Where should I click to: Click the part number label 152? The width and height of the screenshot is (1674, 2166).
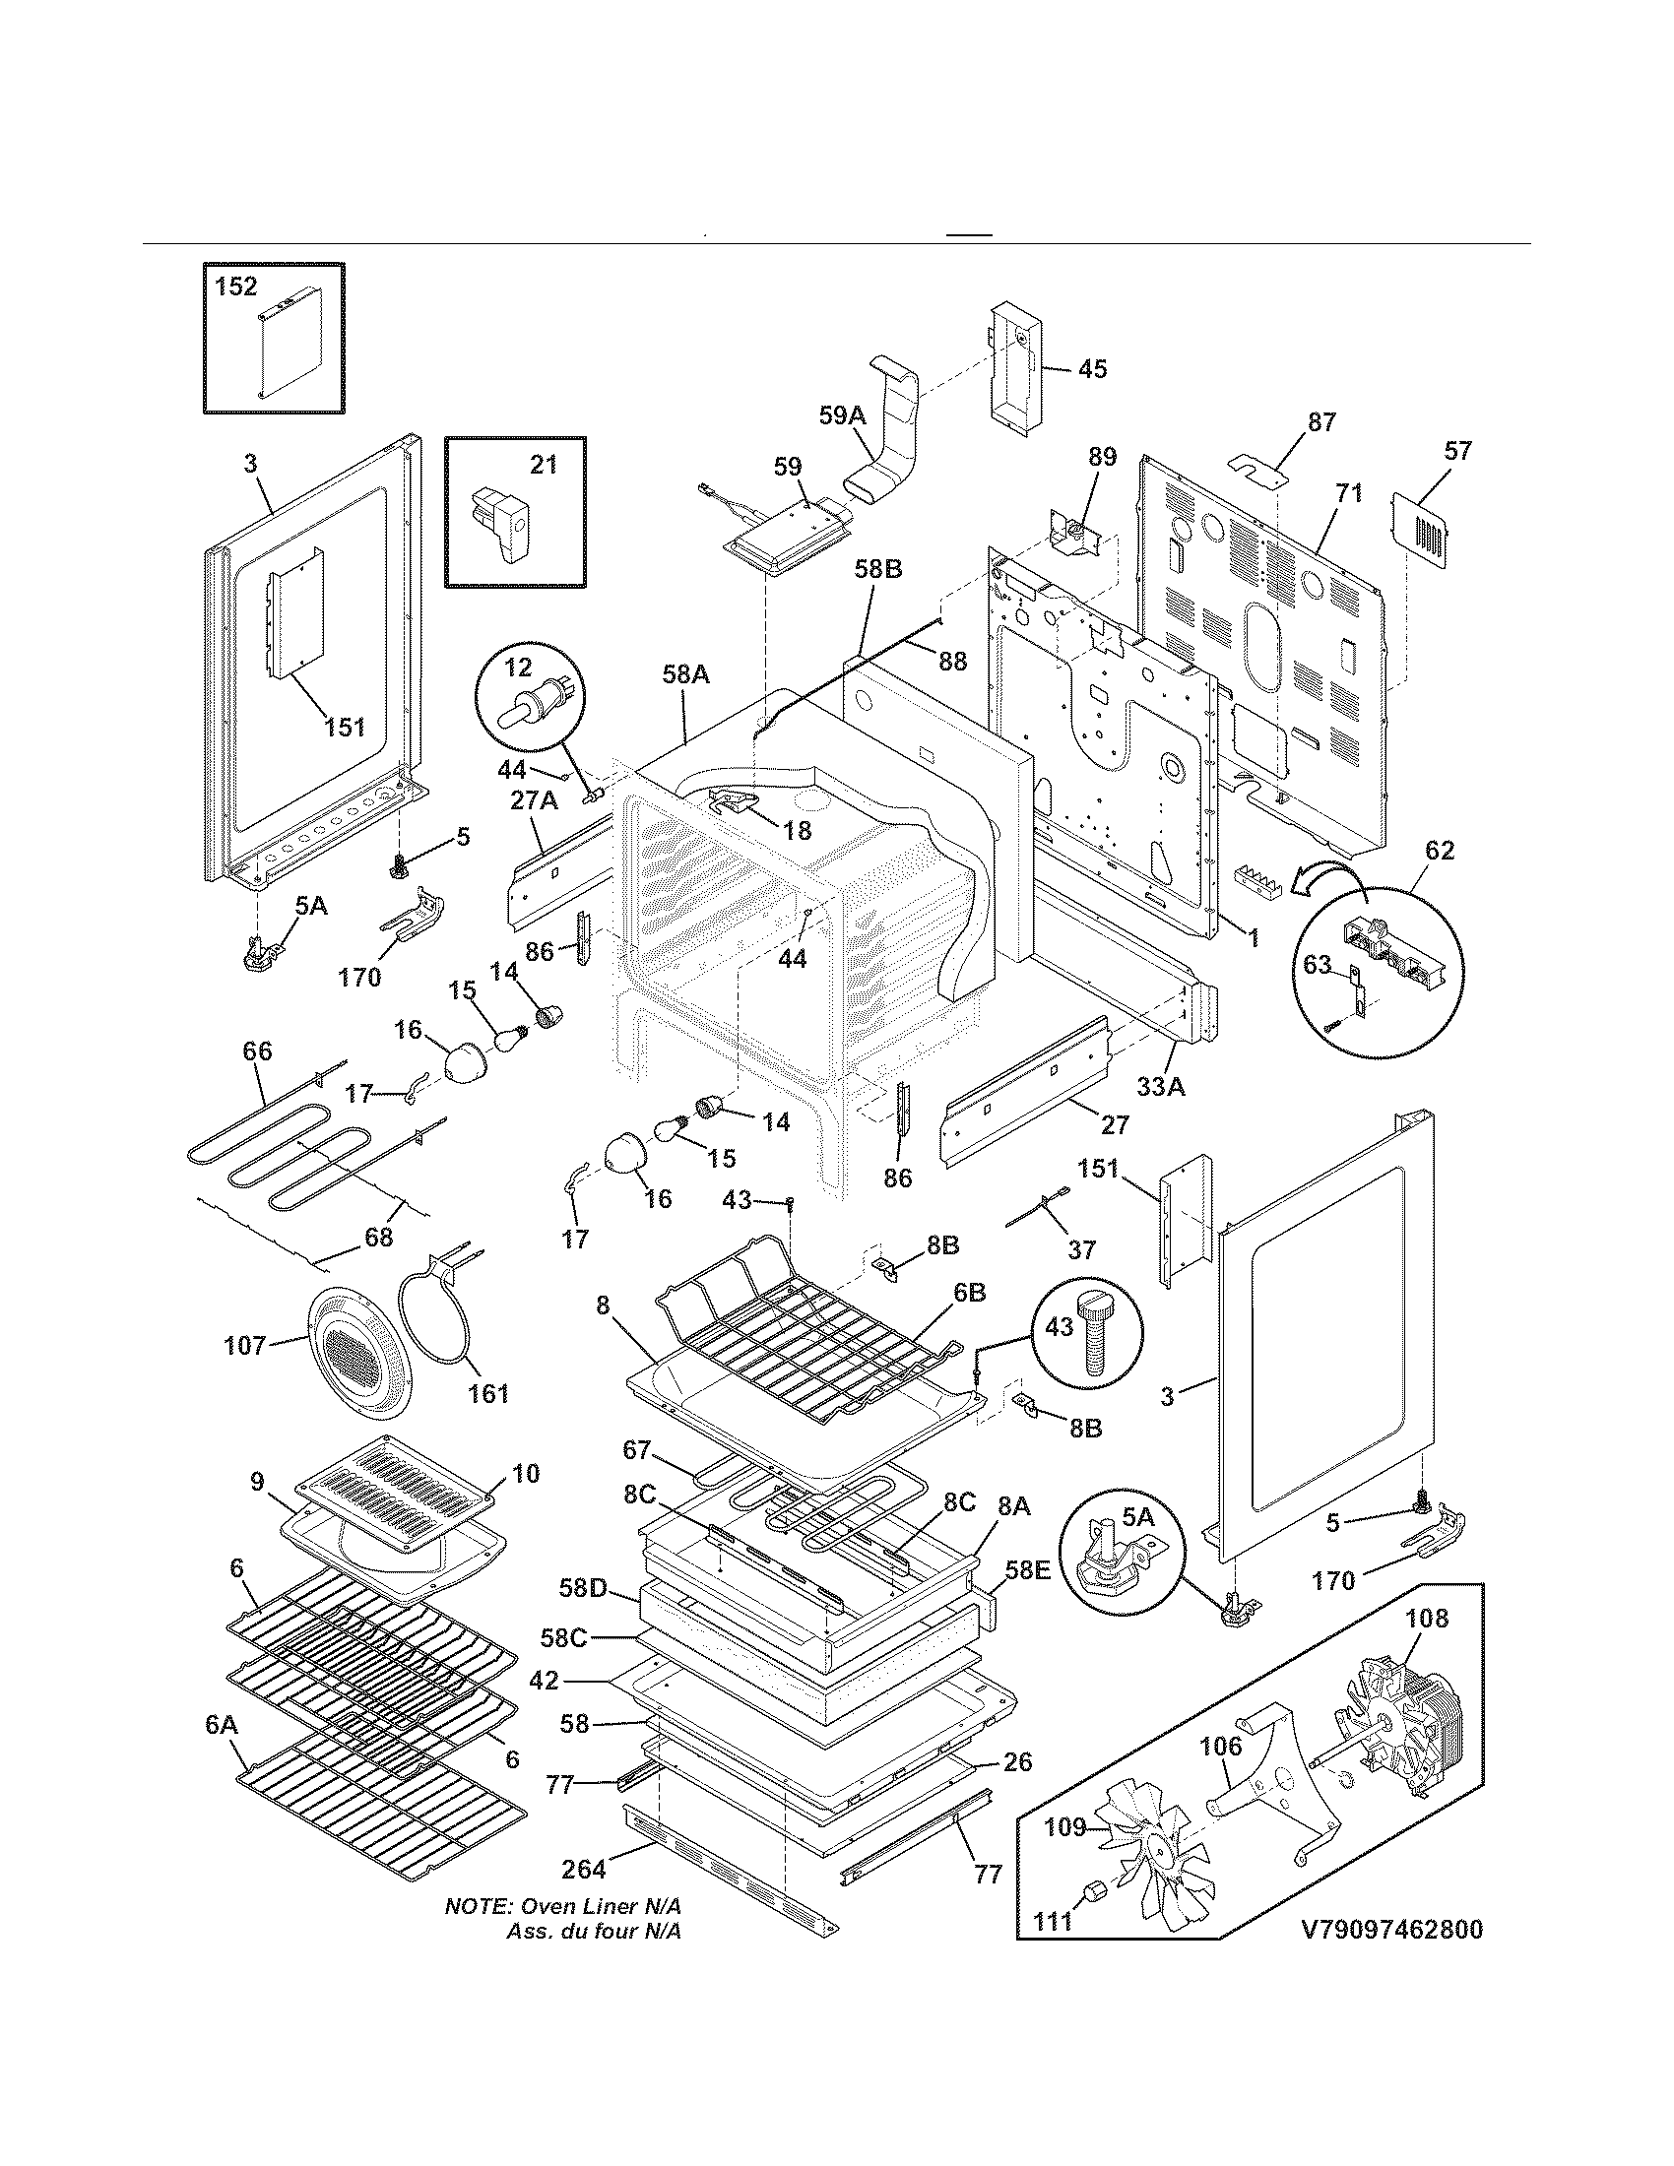[236, 287]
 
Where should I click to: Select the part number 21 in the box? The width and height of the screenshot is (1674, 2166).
[544, 464]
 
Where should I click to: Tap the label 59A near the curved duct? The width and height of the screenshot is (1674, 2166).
[842, 416]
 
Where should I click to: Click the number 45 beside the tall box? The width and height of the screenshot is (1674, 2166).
[1092, 369]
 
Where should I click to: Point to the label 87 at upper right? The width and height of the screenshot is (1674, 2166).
[1321, 422]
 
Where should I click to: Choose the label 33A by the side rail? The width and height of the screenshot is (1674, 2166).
[1160, 1087]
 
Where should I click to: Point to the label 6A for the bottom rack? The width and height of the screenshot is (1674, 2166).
[222, 1725]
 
